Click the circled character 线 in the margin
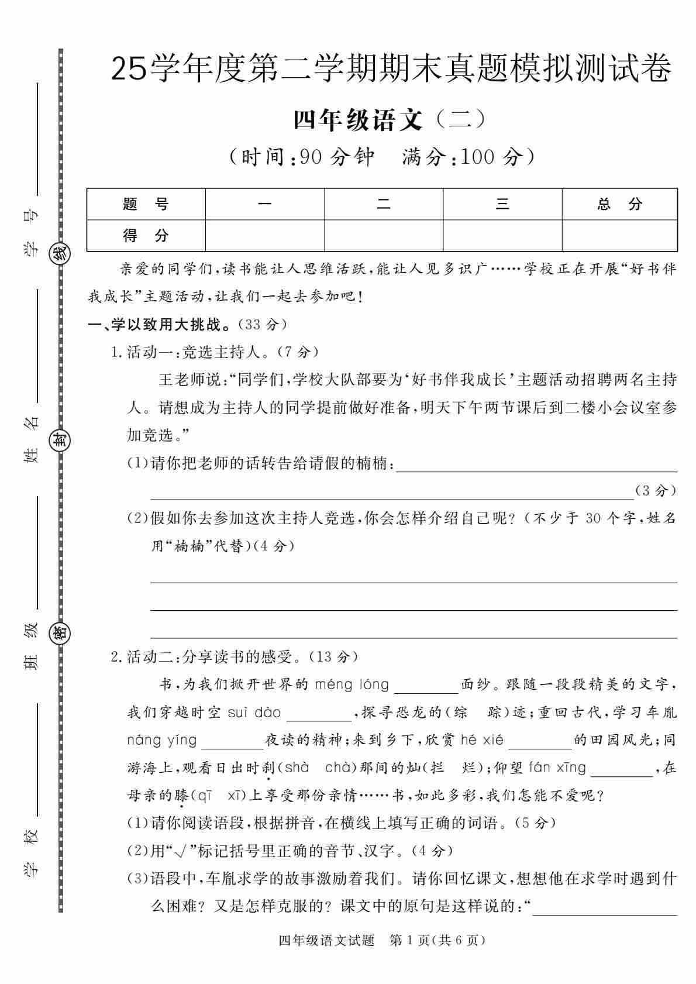(x=61, y=253)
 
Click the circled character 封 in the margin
(x=61, y=440)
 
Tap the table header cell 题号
(x=146, y=204)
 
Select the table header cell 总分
(x=619, y=204)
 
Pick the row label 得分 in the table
(x=146, y=236)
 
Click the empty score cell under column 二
(x=383, y=236)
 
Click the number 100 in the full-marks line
(x=478, y=157)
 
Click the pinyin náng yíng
(x=162, y=740)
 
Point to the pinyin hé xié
(x=482, y=740)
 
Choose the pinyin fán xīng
(x=557, y=768)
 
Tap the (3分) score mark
(x=656, y=491)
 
